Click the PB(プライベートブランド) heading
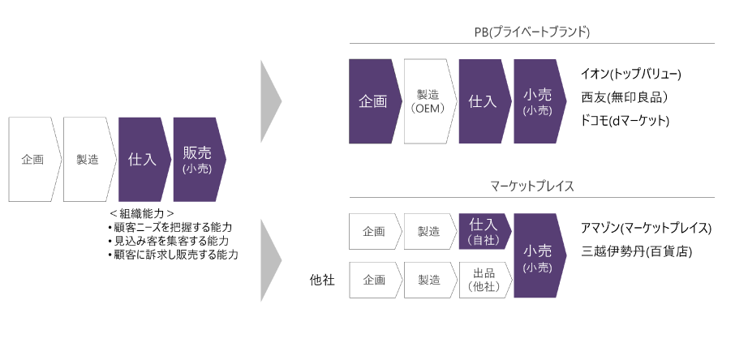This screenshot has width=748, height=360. pos(532,32)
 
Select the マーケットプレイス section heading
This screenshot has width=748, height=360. pos(532,186)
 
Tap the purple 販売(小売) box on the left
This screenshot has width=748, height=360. pos(198,160)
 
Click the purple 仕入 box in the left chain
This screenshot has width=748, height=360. pos(143,160)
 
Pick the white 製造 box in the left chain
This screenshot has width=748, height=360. pos(88,160)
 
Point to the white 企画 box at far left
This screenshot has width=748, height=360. pos(33,160)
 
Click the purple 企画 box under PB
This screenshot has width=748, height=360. pos(373,101)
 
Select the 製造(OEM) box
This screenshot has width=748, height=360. pos(428,101)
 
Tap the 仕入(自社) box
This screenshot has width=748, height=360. pos(484,232)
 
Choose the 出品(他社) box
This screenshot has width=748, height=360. pos(484,280)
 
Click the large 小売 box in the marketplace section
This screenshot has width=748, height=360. pos(538,256)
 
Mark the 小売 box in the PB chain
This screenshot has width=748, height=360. pos(538,101)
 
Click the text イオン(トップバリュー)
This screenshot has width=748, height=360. pos(631,74)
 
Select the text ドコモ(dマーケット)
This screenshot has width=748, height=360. pos(625,121)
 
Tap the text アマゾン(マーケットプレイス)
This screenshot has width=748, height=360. pos(647,228)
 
